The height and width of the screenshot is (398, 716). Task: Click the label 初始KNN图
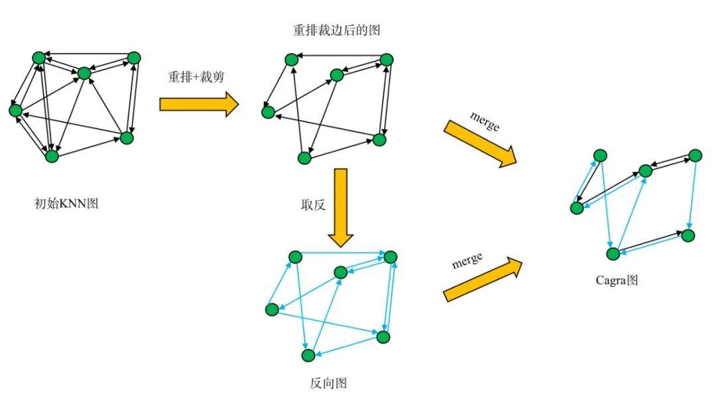point(66,203)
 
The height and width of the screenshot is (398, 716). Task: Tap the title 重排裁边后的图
point(337,30)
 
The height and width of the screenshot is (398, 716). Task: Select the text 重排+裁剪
point(196,77)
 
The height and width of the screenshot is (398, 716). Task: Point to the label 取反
point(313,205)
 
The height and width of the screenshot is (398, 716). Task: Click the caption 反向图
point(328,383)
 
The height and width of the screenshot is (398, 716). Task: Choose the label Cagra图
point(617,280)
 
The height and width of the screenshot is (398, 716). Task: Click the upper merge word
point(485,121)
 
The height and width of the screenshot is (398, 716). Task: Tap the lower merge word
point(467,261)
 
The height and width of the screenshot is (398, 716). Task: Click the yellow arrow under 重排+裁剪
point(199,105)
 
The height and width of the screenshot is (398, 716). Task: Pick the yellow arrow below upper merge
point(481,144)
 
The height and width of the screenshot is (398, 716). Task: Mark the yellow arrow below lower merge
point(483,279)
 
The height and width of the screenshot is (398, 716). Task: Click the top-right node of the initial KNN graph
point(134,58)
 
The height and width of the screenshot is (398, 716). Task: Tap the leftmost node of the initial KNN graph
point(15,111)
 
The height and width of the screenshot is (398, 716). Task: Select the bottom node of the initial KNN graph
point(52,156)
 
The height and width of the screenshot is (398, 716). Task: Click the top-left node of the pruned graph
point(291,59)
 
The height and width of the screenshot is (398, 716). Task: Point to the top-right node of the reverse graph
point(390,257)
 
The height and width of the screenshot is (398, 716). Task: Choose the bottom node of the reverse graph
point(309,355)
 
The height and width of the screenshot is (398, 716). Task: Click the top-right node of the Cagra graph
point(695,156)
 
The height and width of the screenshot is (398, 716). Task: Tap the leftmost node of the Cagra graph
point(577,208)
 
